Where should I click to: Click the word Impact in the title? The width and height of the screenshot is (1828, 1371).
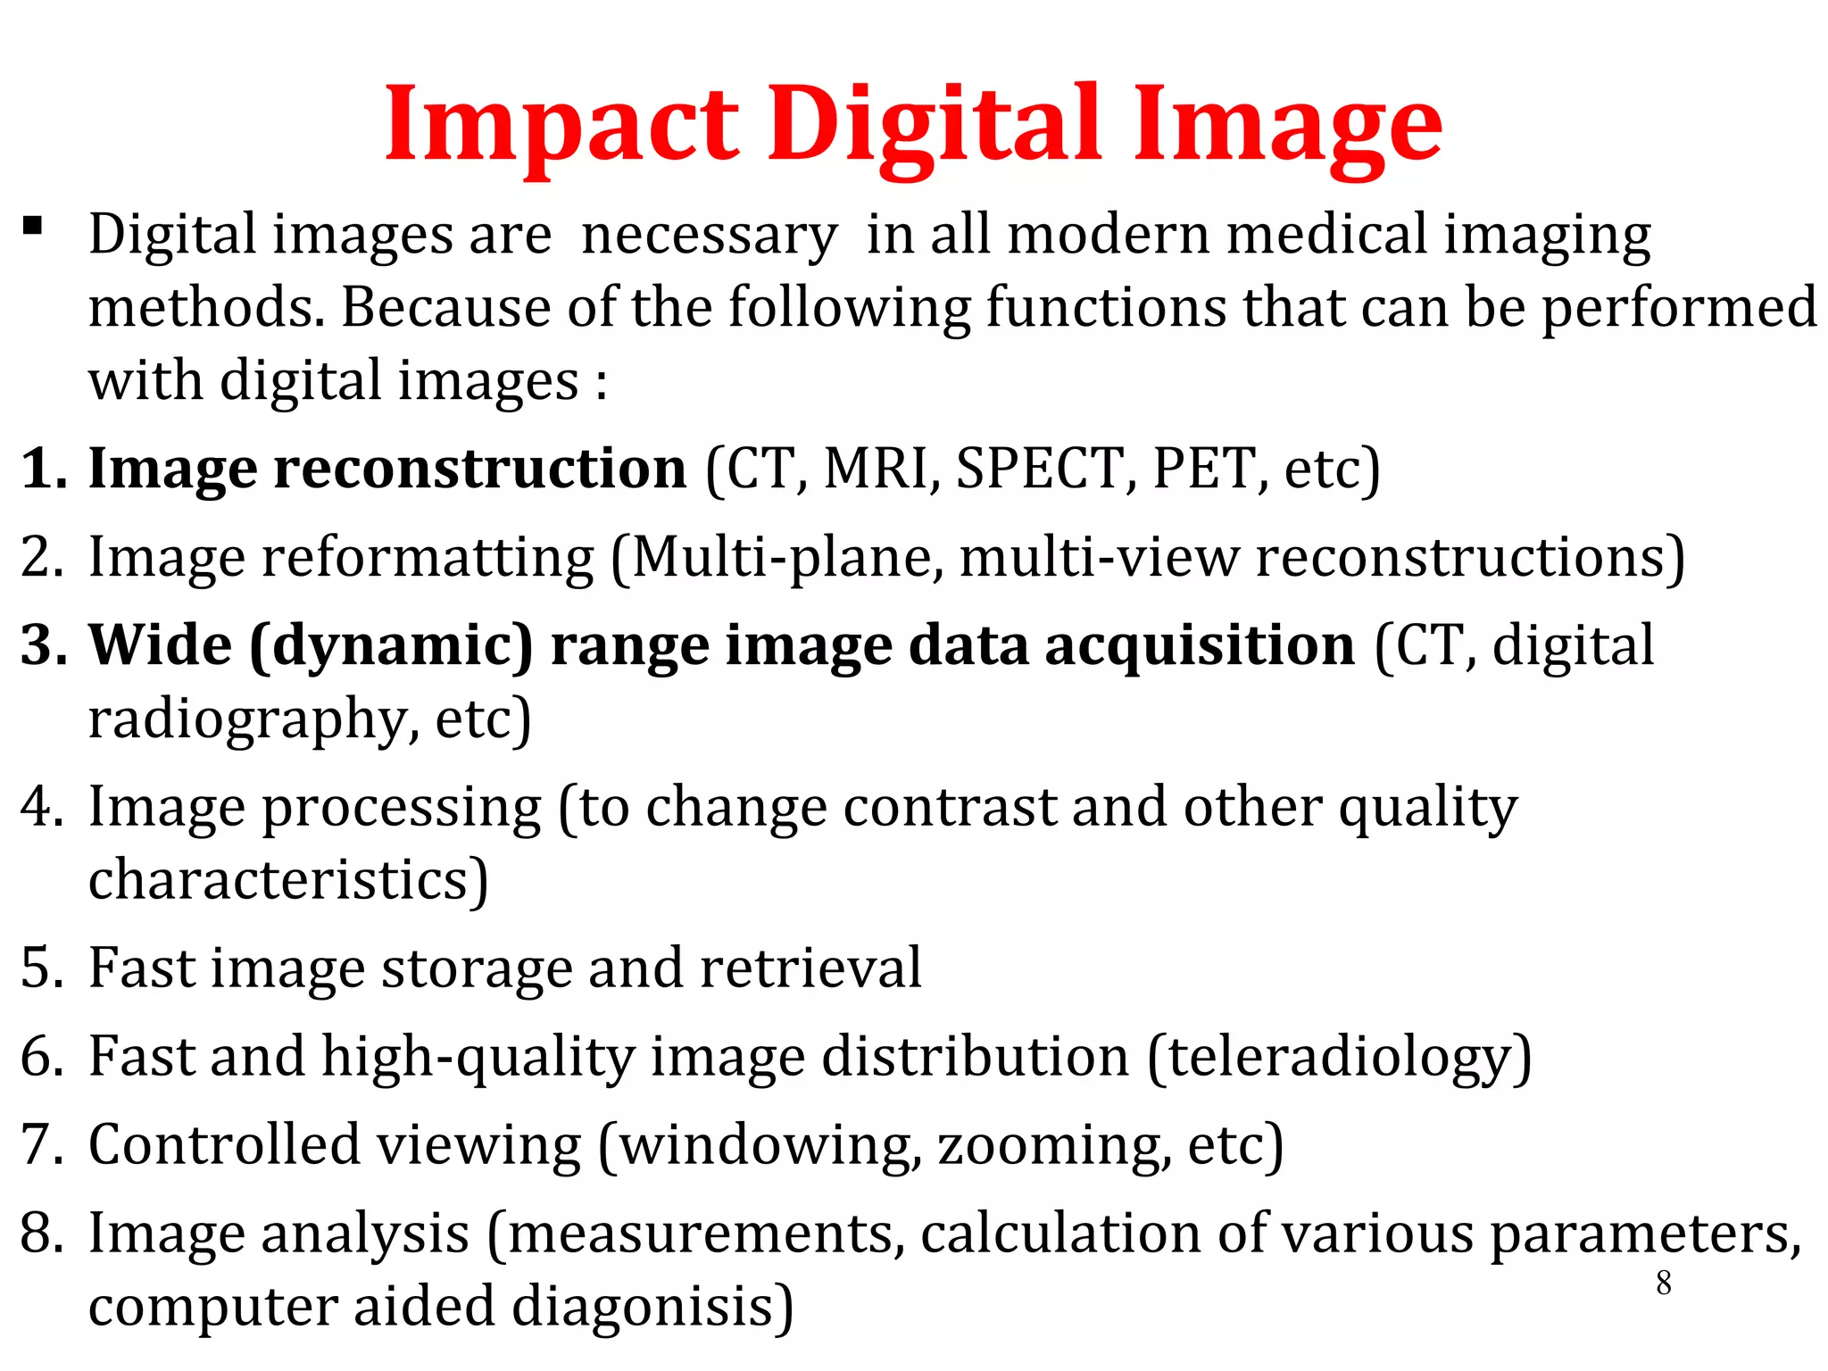tap(561, 125)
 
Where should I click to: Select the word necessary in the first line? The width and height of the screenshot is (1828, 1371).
tap(710, 237)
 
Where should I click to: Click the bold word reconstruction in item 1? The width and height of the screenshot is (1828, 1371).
tap(479, 469)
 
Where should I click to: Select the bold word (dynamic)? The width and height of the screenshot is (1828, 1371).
tap(391, 645)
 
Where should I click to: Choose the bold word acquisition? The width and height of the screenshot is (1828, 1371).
tap(1201, 645)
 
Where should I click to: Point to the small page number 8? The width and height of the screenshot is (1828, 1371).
tap(1664, 1284)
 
